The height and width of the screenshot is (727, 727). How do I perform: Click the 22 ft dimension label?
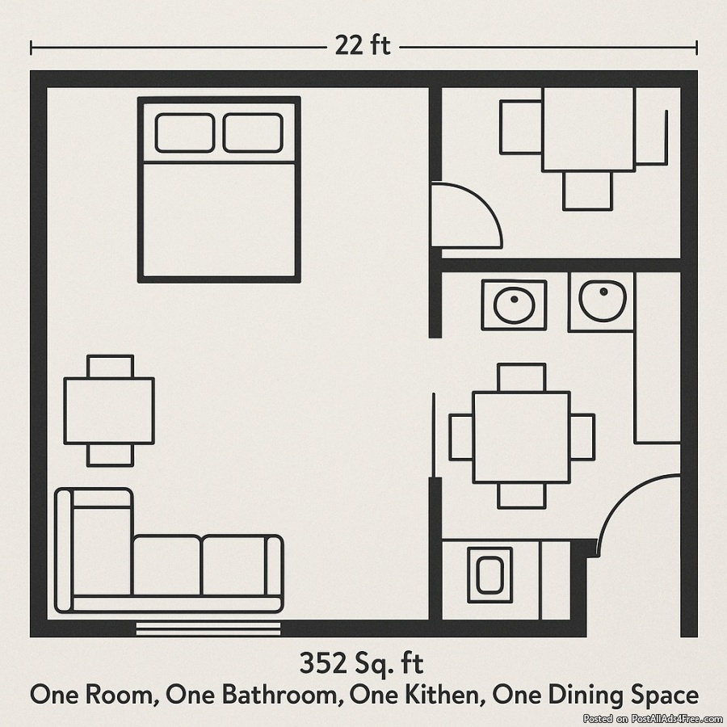[363, 46]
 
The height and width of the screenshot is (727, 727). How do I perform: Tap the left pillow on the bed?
[185, 132]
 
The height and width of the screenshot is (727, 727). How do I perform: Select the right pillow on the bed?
[253, 132]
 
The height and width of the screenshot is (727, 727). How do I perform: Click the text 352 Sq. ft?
[361, 663]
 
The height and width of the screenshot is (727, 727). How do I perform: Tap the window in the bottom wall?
[208, 628]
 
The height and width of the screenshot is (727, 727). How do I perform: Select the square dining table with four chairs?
[522, 437]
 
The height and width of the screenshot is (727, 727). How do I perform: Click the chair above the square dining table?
[521, 377]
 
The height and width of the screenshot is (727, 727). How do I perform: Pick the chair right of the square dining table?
[582, 437]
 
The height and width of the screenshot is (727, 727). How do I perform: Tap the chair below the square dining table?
[522, 496]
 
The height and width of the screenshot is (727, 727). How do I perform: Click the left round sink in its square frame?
[514, 305]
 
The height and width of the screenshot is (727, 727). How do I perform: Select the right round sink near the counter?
[602, 300]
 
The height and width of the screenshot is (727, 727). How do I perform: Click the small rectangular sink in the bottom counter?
[490, 575]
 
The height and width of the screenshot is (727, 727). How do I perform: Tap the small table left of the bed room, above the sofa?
[109, 411]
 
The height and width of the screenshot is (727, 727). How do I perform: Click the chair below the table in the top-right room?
[587, 191]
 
